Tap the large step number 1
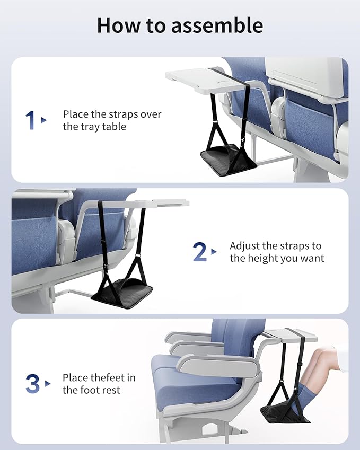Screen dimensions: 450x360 (x=30, y=120)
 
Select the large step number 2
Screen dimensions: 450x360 (x=199, y=252)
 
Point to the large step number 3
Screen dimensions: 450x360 (x=32, y=384)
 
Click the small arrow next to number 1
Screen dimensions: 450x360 (x=44, y=120)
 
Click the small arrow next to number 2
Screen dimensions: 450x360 (x=214, y=252)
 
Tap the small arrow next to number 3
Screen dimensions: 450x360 (x=48, y=384)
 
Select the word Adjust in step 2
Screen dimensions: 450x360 (x=246, y=246)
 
